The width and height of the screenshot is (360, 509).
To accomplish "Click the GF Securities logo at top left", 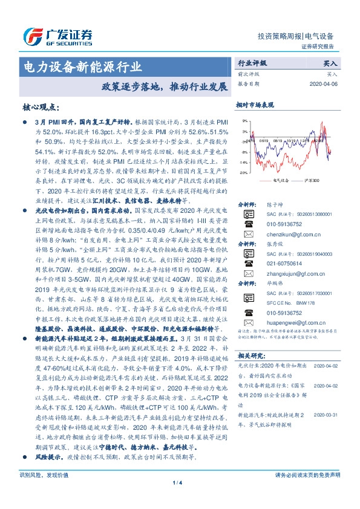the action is point(57,35).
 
